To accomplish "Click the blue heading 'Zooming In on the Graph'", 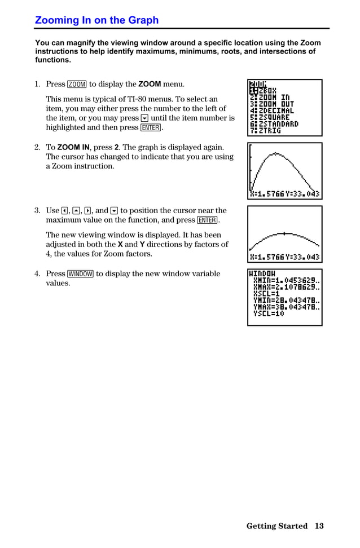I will click(96, 20).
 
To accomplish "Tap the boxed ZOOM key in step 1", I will click(77, 85).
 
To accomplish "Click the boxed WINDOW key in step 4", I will click(80, 274).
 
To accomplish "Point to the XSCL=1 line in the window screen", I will click(266, 294).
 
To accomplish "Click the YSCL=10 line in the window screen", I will click(269, 313).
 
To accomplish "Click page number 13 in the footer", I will click(319, 526).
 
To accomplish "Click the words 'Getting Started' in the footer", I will click(276, 526).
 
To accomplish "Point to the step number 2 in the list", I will click(37, 147).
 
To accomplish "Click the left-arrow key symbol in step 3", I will click(65, 211).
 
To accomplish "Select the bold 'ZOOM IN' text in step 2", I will click(73, 147).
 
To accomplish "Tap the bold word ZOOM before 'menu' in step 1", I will click(150, 85).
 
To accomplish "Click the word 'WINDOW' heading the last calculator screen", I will click(262, 273).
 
